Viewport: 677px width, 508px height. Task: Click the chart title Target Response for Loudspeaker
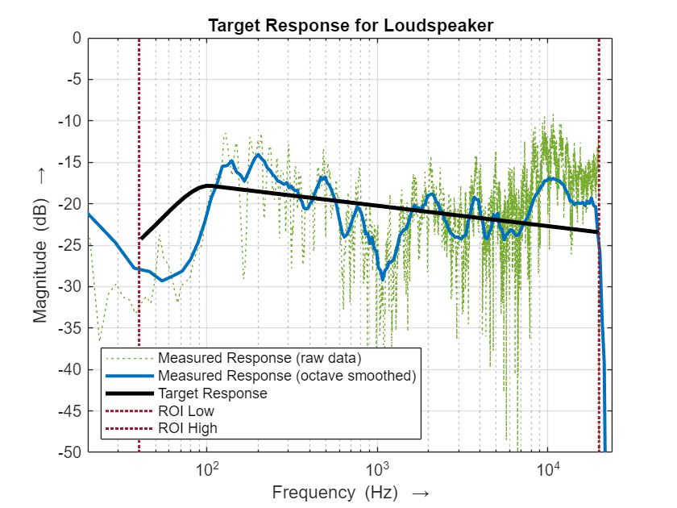point(350,25)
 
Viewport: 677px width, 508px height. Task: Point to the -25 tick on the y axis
point(72,245)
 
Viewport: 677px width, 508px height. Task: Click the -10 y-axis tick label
point(72,121)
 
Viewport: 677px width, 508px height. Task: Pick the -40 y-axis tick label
point(72,369)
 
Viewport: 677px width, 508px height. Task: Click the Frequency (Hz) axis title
point(350,493)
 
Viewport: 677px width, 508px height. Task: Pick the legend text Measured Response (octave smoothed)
point(286,376)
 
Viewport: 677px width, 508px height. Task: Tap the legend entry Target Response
point(213,393)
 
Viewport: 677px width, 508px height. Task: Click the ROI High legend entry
point(188,428)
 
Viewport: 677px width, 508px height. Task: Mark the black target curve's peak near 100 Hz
point(208,185)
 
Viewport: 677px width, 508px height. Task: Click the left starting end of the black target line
point(140,239)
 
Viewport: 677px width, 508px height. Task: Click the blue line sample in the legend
point(129,376)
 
